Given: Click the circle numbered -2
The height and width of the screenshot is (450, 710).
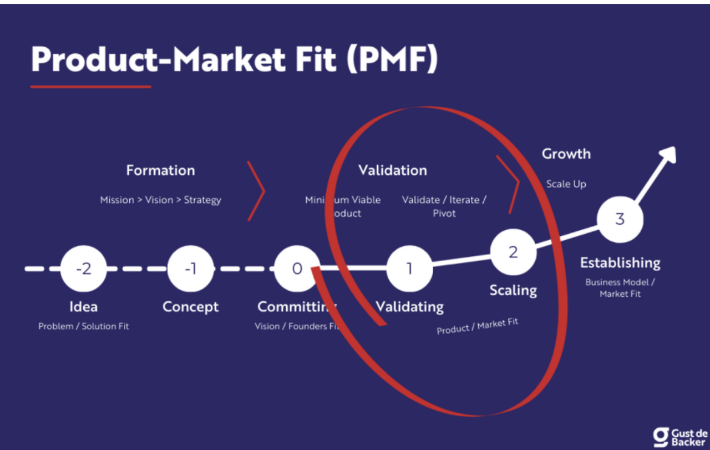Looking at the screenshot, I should [83, 269].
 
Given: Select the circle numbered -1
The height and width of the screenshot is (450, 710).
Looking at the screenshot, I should [190, 269].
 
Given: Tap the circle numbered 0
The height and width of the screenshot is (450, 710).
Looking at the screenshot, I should [297, 269].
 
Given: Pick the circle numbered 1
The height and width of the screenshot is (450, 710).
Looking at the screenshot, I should [409, 269].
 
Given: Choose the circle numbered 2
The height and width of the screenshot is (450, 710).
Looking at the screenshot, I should [513, 252].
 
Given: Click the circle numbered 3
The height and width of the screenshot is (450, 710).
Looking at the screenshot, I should [620, 219].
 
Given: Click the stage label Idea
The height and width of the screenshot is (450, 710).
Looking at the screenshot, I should [83, 306].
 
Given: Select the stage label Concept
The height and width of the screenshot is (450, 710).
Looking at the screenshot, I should [190, 306].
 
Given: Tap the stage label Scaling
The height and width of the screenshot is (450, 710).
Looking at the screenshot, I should [513, 290].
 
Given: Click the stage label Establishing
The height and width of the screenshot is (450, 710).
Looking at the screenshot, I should [620, 262].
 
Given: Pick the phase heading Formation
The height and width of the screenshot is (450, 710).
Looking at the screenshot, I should [160, 170].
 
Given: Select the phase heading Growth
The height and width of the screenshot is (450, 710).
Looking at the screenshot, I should [566, 154].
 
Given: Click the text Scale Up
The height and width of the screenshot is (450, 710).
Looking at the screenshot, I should [566, 184].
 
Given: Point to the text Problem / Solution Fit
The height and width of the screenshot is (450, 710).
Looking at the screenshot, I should [83, 326].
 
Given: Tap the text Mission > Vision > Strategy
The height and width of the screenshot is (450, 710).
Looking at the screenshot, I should [160, 200].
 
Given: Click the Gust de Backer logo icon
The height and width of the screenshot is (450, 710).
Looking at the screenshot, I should [661, 437].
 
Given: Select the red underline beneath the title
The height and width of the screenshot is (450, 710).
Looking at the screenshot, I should [90, 87].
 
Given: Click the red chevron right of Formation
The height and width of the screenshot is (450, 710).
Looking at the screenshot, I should [256, 191].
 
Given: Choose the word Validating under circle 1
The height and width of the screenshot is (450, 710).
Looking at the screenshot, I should [409, 306].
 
